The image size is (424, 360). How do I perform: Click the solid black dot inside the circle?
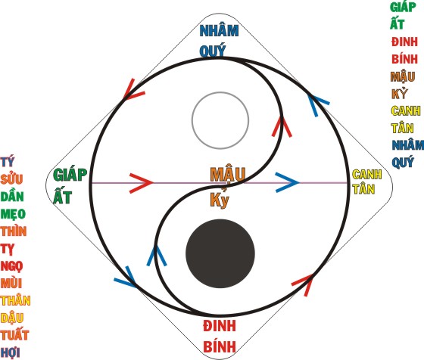[x=220, y=253]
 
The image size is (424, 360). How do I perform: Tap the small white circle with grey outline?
[x=220, y=120]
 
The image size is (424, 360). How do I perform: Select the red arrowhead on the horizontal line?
[x=142, y=183]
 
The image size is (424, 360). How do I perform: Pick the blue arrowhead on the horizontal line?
[x=288, y=182]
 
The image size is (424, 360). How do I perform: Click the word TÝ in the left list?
[x=8, y=162]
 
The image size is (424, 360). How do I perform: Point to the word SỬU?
[x=11, y=178]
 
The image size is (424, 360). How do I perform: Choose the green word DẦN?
[x=12, y=196]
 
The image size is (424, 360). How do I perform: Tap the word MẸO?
[x=13, y=214]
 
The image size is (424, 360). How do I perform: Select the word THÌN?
[x=14, y=231]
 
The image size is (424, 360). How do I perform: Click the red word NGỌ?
[x=11, y=266]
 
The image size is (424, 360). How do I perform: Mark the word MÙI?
[x=11, y=283]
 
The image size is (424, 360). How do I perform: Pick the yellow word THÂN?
[x=15, y=300]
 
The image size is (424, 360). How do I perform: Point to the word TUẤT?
[x=14, y=334]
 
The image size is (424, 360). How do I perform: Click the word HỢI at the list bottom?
[x=11, y=352]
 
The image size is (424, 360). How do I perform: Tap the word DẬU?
[x=12, y=318]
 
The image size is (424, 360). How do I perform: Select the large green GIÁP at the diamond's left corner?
[x=70, y=175]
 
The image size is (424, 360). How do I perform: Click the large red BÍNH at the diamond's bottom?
[x=220, y=347]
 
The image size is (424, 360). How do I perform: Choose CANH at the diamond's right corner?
[x=367, y=174]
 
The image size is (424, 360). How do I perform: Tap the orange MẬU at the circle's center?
[x=228, y=174]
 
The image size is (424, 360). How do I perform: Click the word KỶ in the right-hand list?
[x=400, y=94]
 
